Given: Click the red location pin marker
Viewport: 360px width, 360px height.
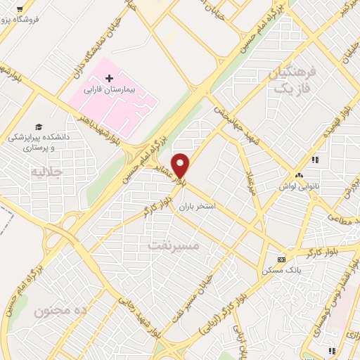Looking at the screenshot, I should [x=181, y=165].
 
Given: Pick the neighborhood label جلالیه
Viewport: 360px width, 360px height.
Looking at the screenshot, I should [x=48, y=171].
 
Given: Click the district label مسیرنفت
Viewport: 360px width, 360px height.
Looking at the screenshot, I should [x=175, y=246].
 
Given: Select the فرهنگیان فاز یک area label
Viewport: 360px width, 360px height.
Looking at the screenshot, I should [x=289, y=81].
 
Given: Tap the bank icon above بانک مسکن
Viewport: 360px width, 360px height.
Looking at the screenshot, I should [x=281, y=258].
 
